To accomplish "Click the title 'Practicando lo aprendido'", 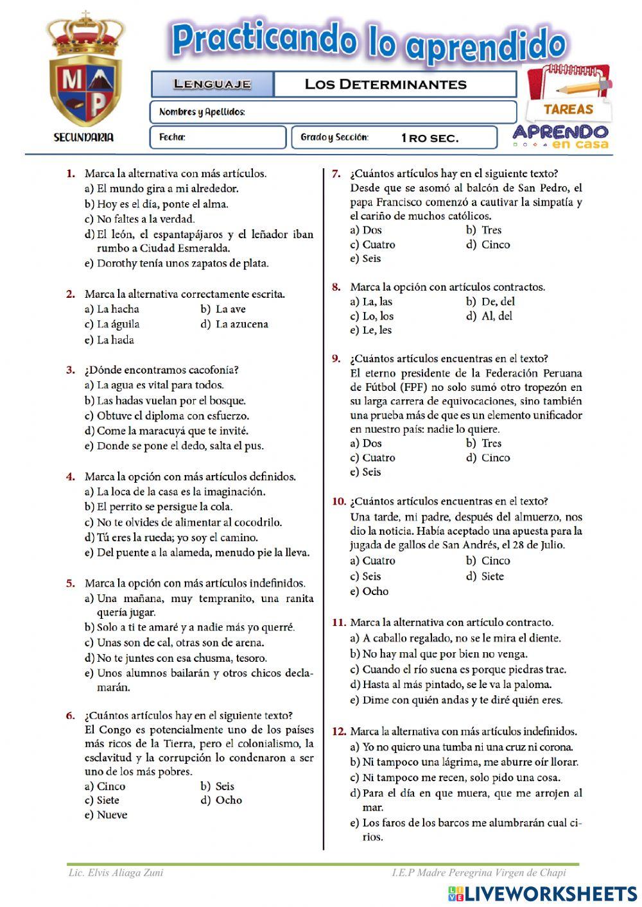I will [x=368, y=42].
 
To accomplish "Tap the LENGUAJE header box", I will [x=213, y=84].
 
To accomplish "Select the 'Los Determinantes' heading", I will [x=385, y=84].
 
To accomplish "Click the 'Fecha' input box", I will [x=218, y=137].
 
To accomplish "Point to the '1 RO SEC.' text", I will [x=429, y=138].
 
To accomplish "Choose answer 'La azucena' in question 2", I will [x=241, y=325].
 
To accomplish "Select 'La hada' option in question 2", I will [x=115, y=340].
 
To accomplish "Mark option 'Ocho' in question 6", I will [x=229, y=800].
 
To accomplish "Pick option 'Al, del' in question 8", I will [x=496, y=316].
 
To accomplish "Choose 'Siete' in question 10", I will [x=492, y=576].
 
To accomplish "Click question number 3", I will [x=71, y=370].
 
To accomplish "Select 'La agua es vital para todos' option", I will [x=160, y=386].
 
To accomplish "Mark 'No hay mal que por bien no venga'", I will [x=444, y=654].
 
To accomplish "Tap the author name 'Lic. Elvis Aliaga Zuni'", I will [x=116, y=873].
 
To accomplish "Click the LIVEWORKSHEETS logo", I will [x=542, y=894].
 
